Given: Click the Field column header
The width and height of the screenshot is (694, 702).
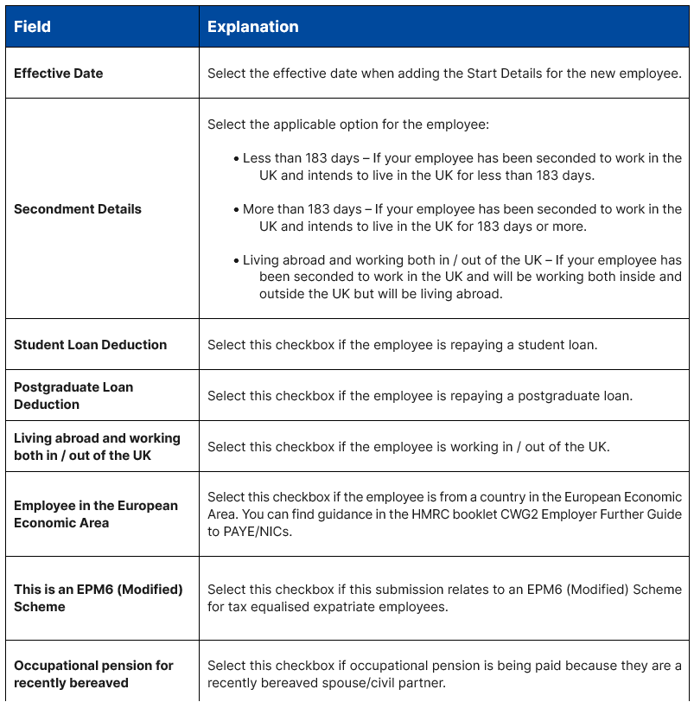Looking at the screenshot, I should point(32,27).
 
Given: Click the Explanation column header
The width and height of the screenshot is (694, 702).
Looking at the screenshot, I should point(252,27).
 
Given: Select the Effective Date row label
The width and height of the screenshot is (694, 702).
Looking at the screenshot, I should point(58,73).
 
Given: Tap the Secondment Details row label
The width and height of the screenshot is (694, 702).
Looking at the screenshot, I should point(78,208).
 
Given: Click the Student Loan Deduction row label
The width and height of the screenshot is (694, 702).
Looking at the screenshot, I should point(90,344).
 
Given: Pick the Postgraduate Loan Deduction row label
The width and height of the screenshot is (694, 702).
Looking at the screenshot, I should point(73,395).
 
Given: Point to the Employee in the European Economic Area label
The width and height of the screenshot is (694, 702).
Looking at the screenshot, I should point(96,514).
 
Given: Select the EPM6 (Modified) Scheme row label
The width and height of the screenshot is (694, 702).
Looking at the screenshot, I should point(98,597).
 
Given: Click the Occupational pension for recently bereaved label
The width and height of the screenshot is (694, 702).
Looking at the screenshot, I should point(93,673).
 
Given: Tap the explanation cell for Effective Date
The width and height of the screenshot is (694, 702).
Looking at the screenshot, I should point(444,73).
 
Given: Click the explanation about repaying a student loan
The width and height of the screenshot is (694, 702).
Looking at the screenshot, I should point(402,344).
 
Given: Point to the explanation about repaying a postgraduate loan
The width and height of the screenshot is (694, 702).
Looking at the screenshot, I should point(420,396).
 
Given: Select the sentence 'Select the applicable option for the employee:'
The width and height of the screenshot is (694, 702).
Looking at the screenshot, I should point(348,124).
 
